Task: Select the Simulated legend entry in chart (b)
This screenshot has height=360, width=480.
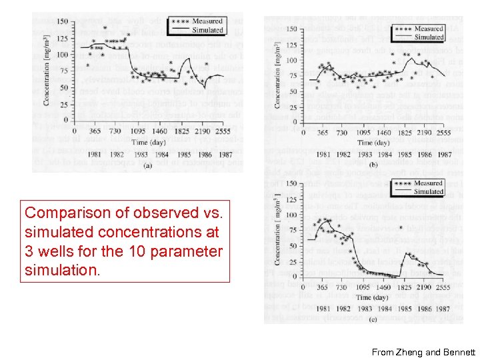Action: [x=429, y=37]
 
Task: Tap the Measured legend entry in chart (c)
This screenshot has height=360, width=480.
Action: [x=429, y=183]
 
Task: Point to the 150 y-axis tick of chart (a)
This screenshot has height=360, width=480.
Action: [x=61, y=22]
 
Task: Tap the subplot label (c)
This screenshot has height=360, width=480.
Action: [x=373, y=319]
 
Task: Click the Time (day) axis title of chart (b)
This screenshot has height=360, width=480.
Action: [x=373, y=143]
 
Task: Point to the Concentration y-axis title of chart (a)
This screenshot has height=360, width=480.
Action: [x=46, y=73]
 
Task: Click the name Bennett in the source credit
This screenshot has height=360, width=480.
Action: [x=457, y=351]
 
